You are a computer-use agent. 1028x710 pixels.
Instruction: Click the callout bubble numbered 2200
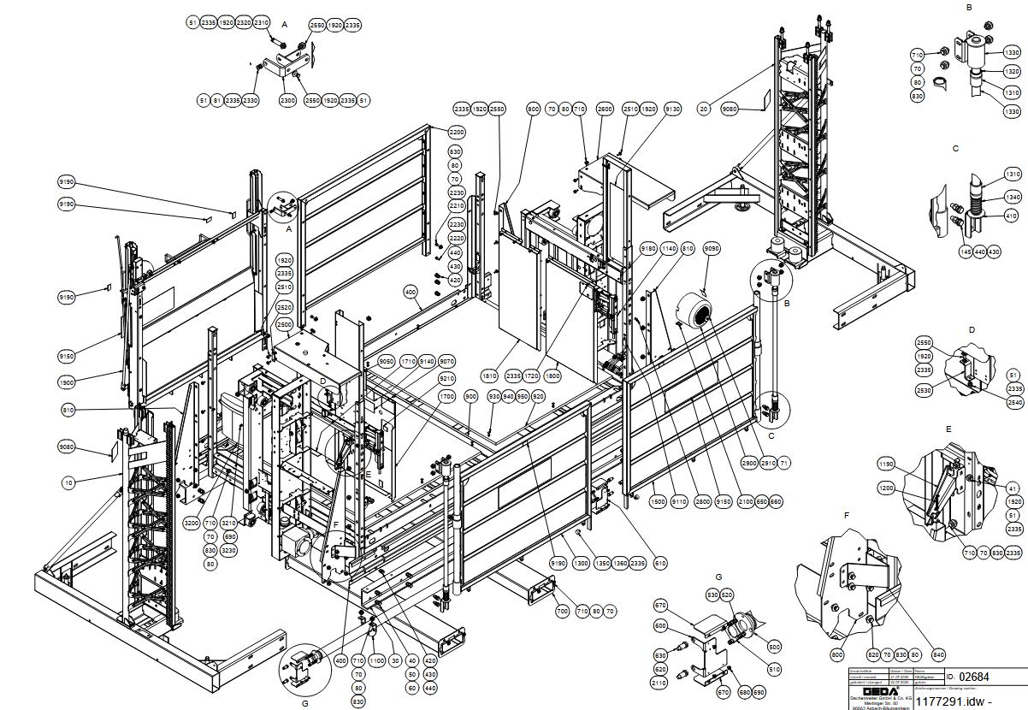pos(456,133)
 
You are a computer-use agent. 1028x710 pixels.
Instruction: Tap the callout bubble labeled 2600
pos(606,109)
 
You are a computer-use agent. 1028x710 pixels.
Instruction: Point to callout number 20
pos(704,109)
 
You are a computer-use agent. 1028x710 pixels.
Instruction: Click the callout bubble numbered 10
pos(68,483)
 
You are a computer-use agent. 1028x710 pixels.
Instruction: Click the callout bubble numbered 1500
pos(657,502)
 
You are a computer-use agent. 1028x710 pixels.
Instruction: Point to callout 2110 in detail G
pos(659,683)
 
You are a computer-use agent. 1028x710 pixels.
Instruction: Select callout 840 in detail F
pos(938,655)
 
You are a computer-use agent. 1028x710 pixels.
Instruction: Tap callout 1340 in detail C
pos(1013,196)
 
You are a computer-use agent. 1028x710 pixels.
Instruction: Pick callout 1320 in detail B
pos(1013,72)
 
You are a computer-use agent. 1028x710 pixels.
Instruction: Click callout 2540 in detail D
pos(1014,402)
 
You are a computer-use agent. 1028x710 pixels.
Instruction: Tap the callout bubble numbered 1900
pos(68,382)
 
